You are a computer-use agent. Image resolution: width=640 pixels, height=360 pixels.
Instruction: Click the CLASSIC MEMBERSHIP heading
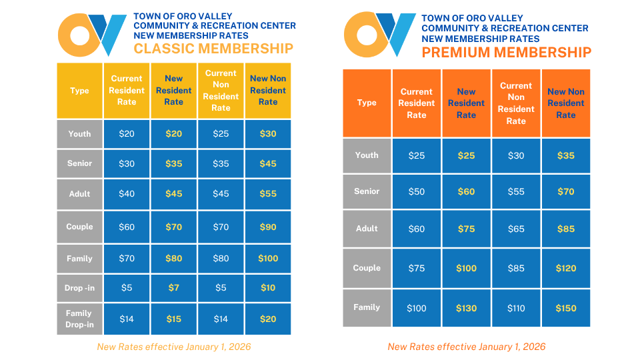tap(213, 49)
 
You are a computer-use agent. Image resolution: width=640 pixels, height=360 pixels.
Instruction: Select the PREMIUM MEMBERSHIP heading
tap(506, 53)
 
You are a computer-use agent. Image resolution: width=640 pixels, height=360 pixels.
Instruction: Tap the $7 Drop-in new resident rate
tap(173, 287)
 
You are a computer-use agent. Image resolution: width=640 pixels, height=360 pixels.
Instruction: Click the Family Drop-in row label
tap(79, 319)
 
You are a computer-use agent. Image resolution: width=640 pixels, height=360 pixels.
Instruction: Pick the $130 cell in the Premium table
tap(466, 308)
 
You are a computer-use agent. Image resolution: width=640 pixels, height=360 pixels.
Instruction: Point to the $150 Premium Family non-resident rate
tap(565, 308)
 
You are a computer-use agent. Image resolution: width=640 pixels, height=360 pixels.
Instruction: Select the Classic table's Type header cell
tap(79, 91)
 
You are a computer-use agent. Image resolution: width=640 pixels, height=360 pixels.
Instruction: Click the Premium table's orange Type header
tap(367, 103)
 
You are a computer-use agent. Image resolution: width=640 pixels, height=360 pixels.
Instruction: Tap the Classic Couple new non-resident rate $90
tap(268, 227)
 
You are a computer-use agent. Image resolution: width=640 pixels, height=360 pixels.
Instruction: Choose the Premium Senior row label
tap(367, 191)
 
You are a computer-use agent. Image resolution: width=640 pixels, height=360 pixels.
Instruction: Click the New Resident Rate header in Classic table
tap(173, 91)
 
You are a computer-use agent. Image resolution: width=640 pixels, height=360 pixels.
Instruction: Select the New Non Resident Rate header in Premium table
tap(565, 103)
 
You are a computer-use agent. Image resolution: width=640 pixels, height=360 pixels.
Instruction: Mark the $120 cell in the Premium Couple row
tap(565, 268)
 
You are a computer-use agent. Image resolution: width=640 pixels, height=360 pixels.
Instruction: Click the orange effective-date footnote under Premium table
tap(466, 347)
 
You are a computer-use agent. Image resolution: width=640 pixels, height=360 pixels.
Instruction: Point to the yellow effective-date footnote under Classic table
tap(174, 347)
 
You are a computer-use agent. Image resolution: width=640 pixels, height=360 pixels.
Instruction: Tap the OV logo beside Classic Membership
tap(92, 35)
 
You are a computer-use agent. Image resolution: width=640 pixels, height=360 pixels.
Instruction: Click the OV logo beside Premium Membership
tap(379, 35)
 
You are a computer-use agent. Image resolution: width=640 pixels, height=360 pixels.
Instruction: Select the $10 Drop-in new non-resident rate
tap(268, 287)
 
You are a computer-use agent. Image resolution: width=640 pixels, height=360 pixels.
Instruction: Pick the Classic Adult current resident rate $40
tap(127, 194)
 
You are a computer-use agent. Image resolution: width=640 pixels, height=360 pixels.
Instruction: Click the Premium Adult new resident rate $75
tap(466, 229)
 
